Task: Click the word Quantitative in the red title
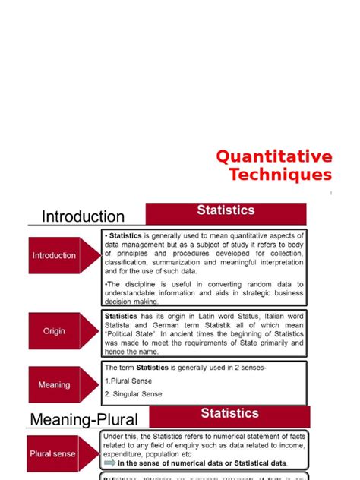point(274,156)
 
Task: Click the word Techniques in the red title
point(281,175)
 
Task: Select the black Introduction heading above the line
point(84,217)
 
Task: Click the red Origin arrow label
point(55,331)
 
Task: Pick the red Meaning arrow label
point(55,384)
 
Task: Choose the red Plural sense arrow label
point(53,453)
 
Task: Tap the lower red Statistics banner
point(229,413)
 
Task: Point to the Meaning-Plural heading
point(84,419)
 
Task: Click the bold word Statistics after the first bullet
point(131,235)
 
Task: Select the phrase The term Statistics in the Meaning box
point(136,368)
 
